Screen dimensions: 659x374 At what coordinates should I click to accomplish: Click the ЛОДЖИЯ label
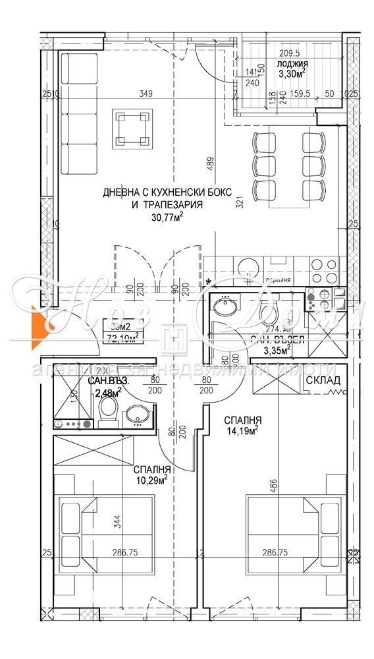[292, 64]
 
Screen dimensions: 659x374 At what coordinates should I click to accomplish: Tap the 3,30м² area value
[292, 74]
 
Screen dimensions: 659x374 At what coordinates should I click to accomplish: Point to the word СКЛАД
[323, 381]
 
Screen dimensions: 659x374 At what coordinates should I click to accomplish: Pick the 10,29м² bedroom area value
[152, 480]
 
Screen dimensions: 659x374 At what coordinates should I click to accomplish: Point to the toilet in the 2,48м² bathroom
[107, 412]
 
